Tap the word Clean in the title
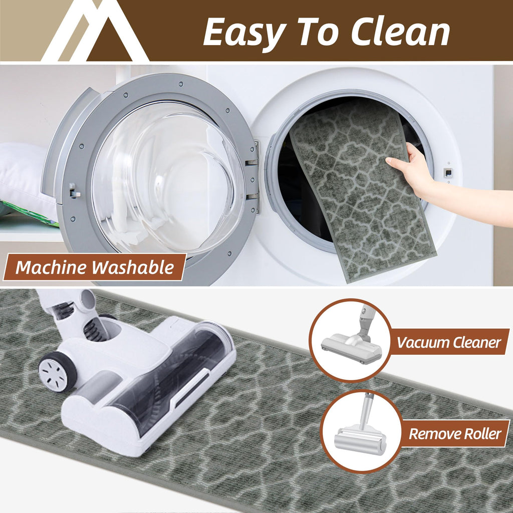[x=400, y=32]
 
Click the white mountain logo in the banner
[x=95, y=31]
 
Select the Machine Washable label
[x=95, y=267]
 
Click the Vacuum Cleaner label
[x=448, y=342]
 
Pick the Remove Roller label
[x=455, y=434]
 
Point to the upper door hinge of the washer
[x=252, y=161]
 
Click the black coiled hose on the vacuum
[x=95, y=328]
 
